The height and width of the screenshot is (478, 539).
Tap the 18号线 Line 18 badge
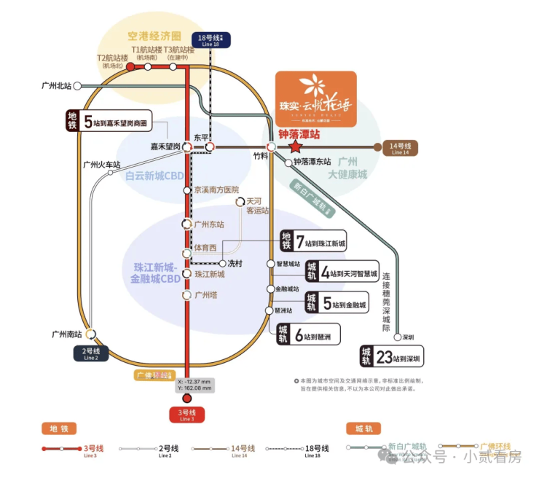[x=209, y=40]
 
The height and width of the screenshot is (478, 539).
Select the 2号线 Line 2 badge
[x=91, y=354]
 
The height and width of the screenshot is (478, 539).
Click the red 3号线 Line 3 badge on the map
[x=187, y=415]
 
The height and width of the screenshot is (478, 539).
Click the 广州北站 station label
[x=57, y=86]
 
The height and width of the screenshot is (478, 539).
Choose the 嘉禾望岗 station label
[x=165, y=147]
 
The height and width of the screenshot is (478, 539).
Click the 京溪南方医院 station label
[x=216, y=189]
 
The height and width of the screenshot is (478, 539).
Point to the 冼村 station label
[x=235, y=263]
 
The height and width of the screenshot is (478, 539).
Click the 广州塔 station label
[x=206, y=295]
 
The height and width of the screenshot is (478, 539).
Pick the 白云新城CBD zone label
[x=155, y=176]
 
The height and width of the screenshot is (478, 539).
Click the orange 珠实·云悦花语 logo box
[x=315, y=100]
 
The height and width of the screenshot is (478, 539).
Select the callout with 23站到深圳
[x=392, y=356]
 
